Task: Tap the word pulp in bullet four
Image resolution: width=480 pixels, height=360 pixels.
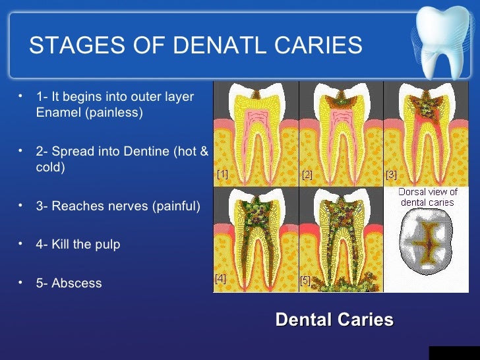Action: (107, 244)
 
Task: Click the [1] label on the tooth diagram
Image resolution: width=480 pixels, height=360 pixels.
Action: (223, 174)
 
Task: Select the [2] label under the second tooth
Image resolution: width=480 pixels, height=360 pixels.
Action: (307, 175)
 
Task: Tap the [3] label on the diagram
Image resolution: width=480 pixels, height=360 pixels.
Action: (391, 175)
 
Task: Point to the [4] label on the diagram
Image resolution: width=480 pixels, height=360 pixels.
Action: (220, 279)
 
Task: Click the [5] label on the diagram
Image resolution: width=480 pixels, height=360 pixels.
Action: (305, 280)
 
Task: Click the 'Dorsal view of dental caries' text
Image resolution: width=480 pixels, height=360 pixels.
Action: (428, 197)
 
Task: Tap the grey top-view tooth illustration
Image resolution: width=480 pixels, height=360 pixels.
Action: (428, 245)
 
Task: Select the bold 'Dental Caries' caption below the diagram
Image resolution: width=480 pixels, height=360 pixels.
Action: (334, 320)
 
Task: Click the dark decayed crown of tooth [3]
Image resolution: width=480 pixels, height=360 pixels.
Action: (426, 105)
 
